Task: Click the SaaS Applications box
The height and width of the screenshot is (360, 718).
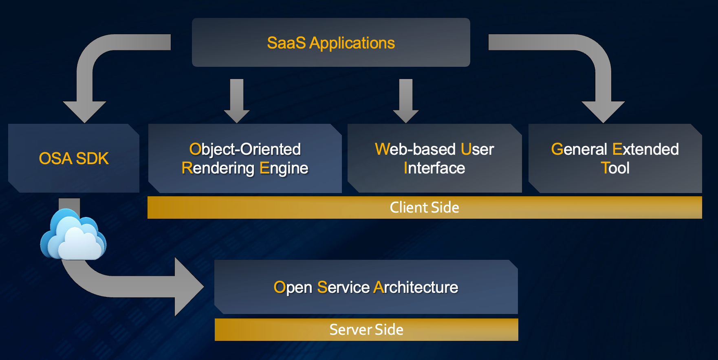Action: pos(331,42)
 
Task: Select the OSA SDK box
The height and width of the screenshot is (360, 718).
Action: pos(74,158)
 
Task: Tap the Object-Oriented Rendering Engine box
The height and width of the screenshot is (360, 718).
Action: pos(245,158)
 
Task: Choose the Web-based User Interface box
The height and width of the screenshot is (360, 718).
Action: pos(434,158)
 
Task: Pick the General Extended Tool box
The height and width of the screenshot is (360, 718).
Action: pos(615,158)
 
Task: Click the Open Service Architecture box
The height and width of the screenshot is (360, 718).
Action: pos(366,287)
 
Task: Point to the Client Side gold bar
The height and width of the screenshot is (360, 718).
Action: pos(425,207)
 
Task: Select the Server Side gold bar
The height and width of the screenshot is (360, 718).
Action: pos(366,329)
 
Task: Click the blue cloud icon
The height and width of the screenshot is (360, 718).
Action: pos(73,235)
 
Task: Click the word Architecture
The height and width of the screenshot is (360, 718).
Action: pos(416,287)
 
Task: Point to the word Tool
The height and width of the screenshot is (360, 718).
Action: pos(615,168)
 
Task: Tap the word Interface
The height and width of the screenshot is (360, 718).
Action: pos(434,168)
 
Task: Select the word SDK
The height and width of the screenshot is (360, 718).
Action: pos(92,158)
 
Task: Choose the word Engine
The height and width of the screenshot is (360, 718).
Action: pos(284,168)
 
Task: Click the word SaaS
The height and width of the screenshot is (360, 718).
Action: pos(286,43)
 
